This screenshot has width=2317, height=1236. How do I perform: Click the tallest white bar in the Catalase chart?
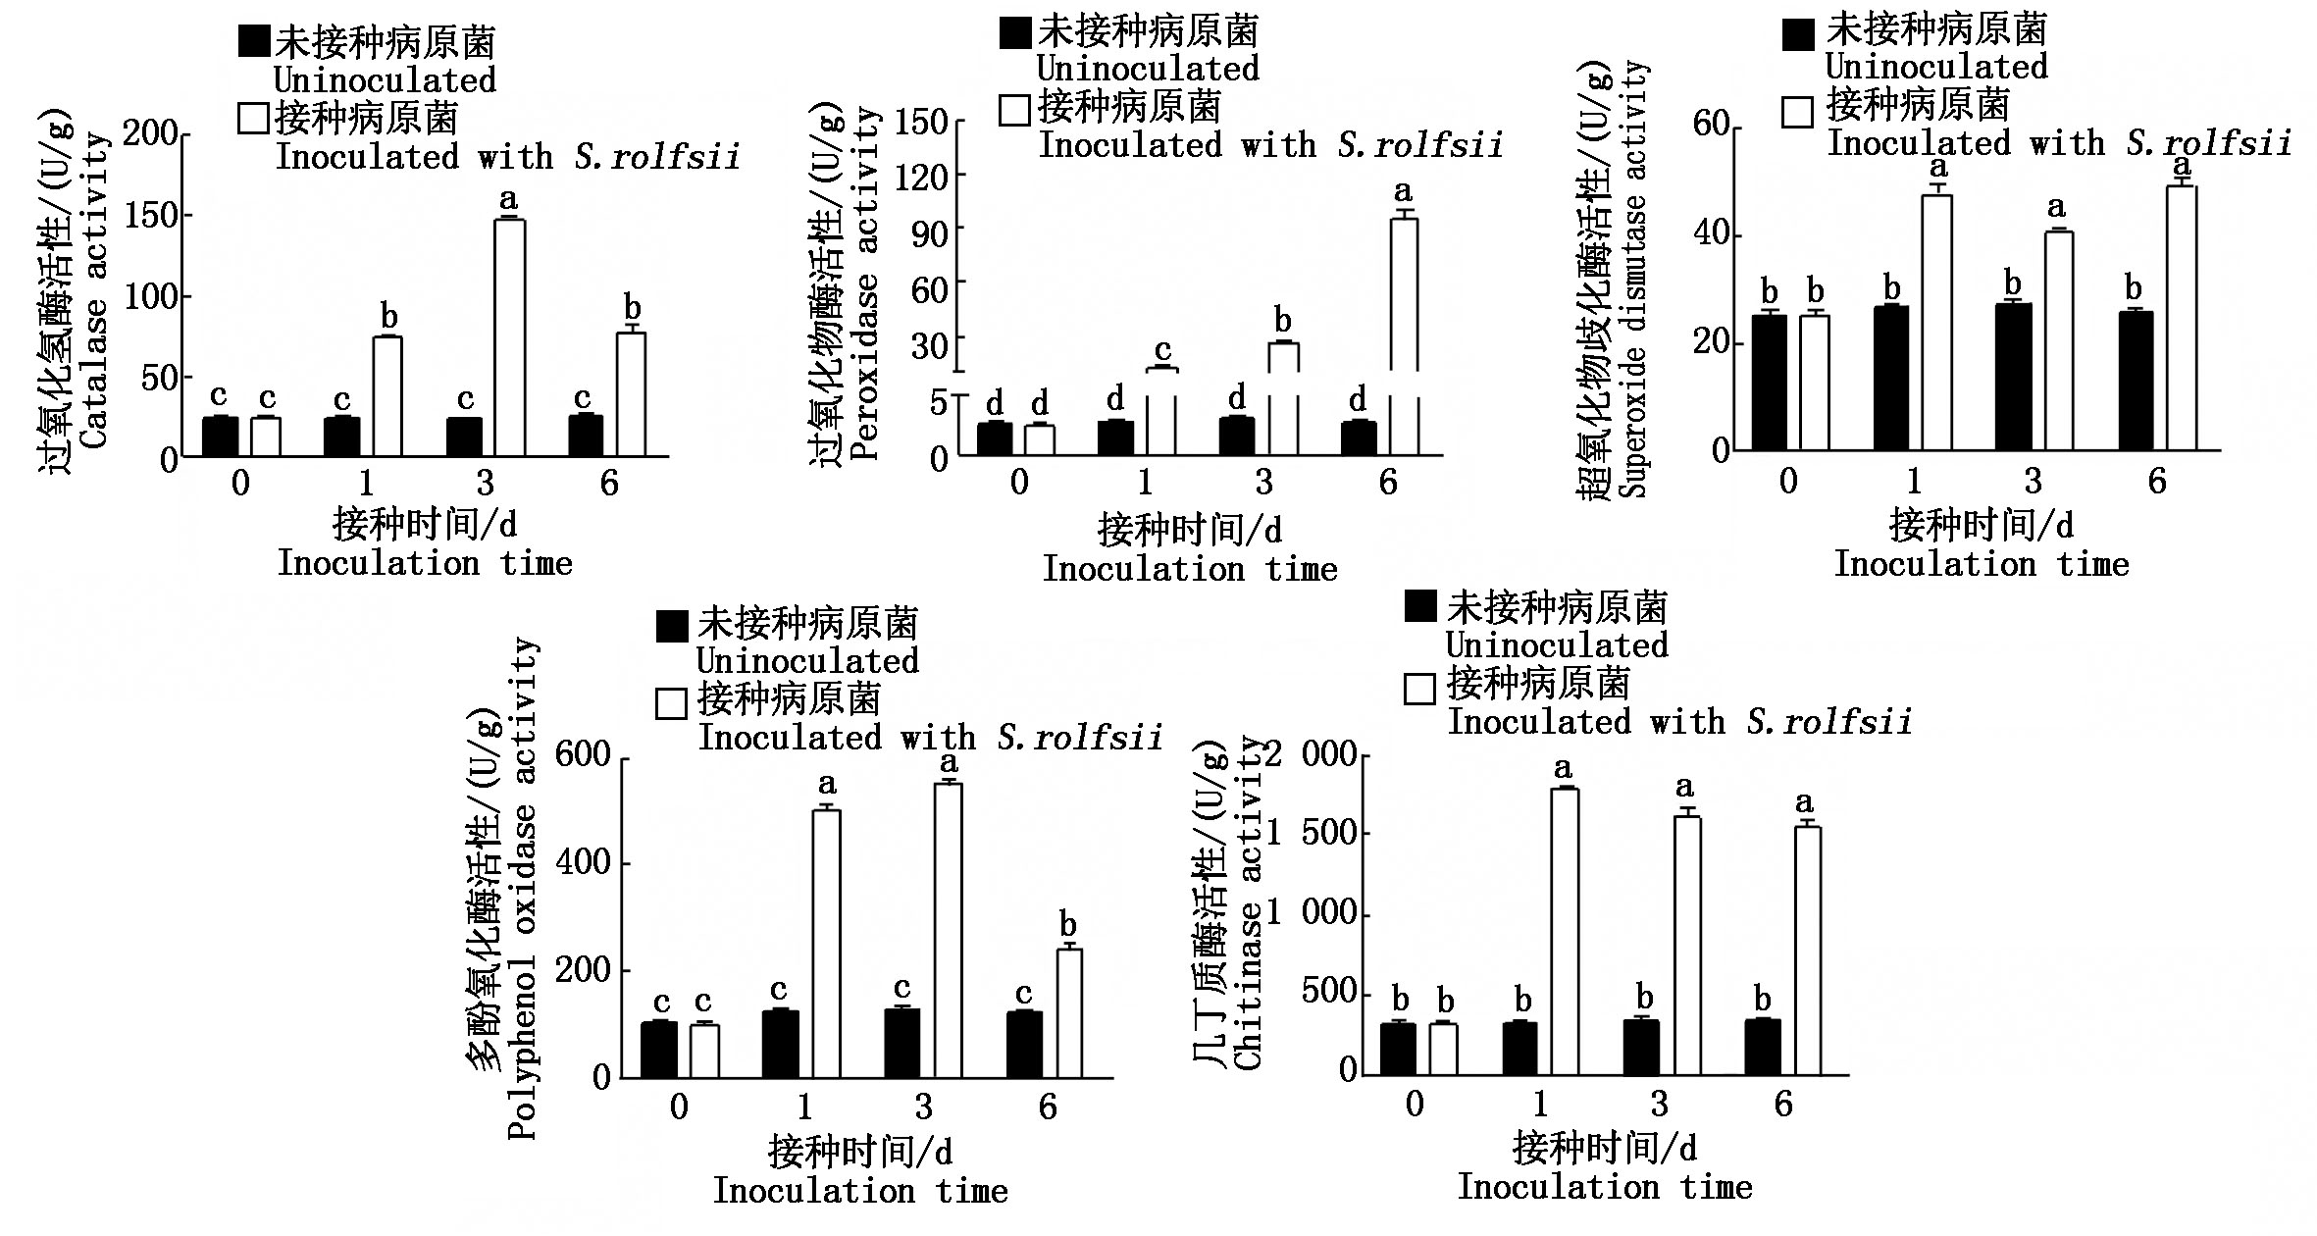509,338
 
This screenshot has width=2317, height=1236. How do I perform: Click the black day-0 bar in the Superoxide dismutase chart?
1769,383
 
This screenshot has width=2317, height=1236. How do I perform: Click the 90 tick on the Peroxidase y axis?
929,233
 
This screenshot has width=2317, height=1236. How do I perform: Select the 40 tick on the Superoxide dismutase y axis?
1712,234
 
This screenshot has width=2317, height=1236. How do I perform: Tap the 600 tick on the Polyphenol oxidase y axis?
583,755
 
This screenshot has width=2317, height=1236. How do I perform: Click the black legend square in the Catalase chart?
253,41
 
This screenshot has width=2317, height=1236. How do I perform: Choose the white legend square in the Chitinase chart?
1420,689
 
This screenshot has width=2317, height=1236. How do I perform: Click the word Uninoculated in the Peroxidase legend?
1148,69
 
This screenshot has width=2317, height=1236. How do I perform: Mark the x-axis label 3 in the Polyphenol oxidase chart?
923,1107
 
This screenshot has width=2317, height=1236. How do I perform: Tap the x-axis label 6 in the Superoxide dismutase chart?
2157,482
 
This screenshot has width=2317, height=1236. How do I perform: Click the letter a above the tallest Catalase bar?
508,200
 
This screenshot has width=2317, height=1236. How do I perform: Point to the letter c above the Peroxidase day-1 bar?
1162,350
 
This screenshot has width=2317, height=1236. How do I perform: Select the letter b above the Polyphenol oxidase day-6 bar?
1068,925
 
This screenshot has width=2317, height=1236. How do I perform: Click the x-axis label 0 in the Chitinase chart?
1415,1105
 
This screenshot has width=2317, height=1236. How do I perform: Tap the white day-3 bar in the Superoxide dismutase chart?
2058,340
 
